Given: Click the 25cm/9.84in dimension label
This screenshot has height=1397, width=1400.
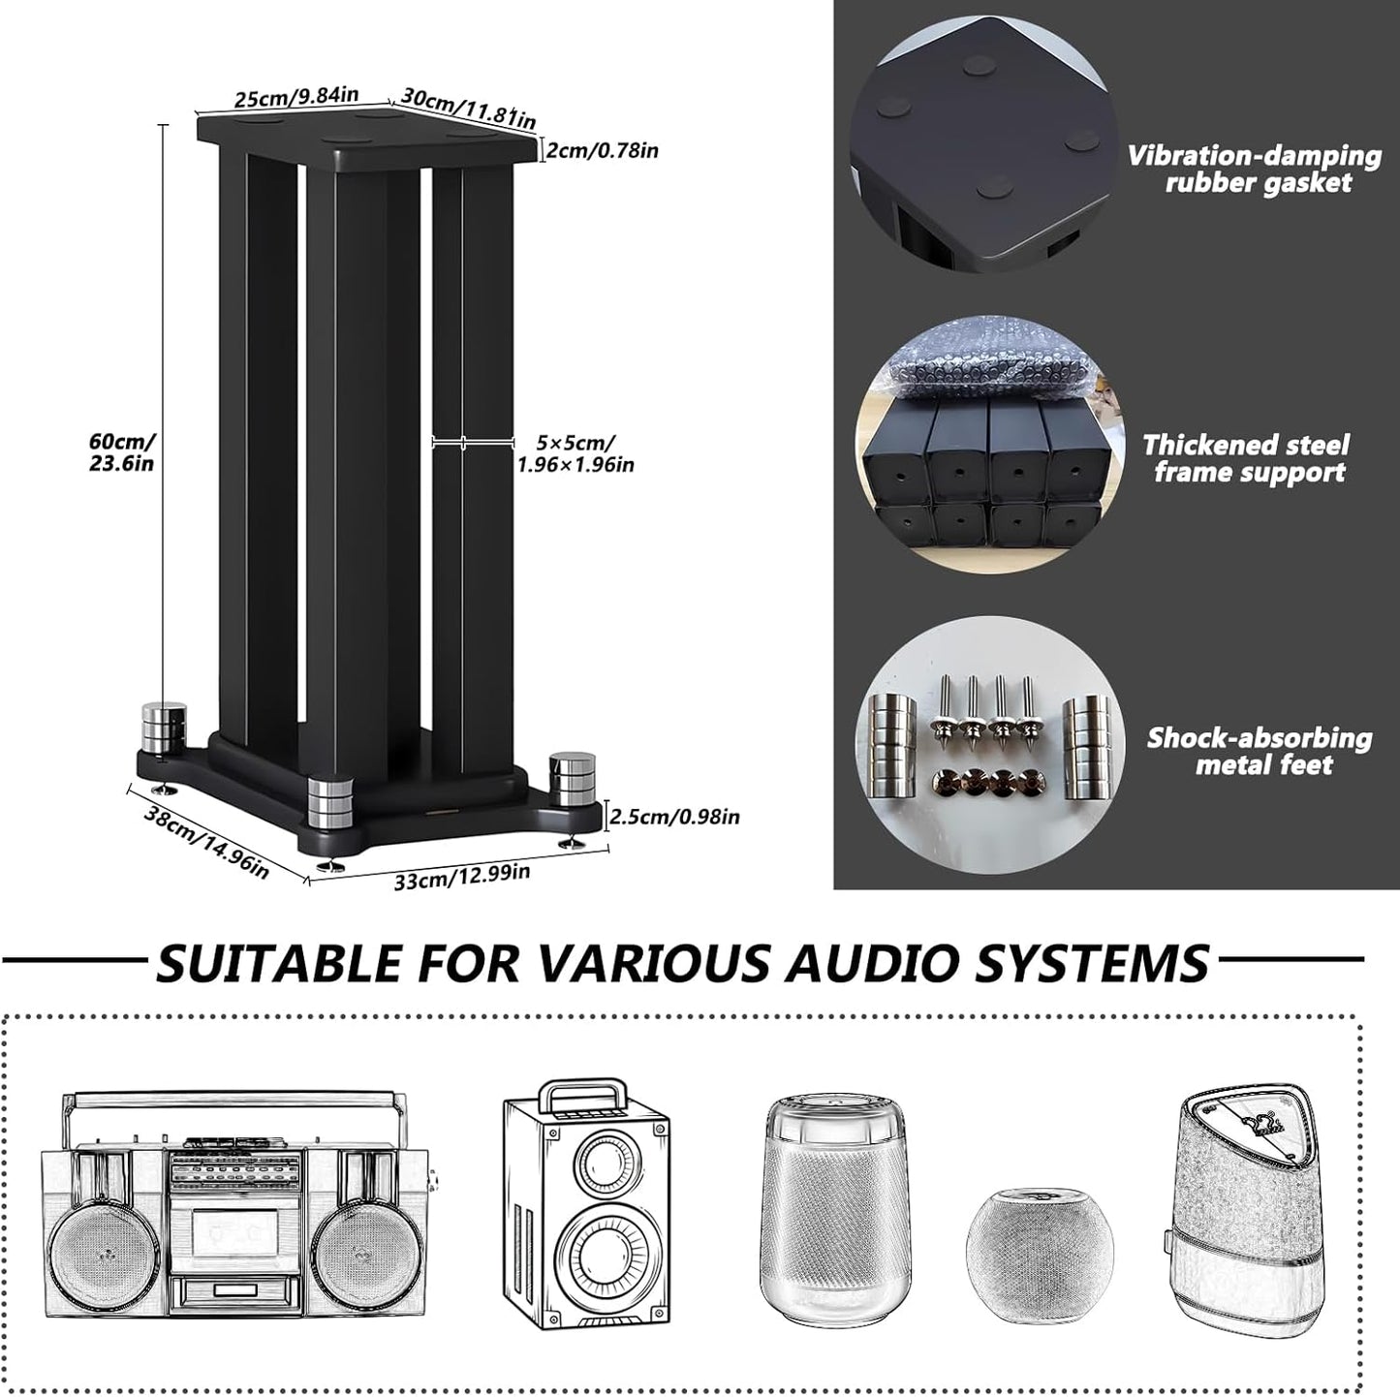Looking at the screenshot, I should point(296,97).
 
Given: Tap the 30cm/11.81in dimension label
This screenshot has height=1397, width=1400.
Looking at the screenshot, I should point(468,108).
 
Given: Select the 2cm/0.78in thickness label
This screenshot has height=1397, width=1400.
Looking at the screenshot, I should point(601,150).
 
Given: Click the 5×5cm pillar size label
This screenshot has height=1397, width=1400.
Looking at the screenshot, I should point(575,453).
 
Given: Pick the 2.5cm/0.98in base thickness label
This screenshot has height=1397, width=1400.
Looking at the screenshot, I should point(674,817).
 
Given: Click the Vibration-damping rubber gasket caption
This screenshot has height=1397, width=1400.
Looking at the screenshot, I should point(1255,170).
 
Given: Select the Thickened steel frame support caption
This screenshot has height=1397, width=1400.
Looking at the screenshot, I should point(1246,458).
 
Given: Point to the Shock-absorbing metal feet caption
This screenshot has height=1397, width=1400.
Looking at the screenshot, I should point(1260,751).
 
